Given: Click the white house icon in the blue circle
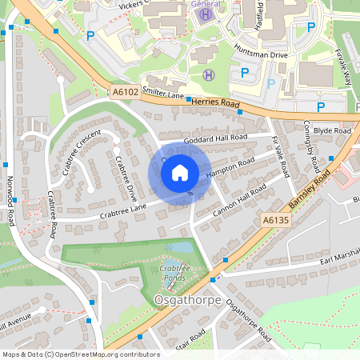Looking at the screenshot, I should click(x=180, y=172).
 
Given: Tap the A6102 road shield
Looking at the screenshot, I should click(x=124, y=93).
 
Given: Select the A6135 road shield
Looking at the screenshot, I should click(x=274, y=218).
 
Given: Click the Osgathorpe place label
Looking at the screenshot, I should click(x=180, y=300).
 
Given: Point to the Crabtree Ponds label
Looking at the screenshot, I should click(x=173, y=272).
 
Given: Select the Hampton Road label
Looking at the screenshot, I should click(x=231, y=168).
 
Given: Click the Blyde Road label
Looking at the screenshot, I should click(x=332, y=130).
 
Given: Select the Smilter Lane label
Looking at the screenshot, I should click(x=163, y=94).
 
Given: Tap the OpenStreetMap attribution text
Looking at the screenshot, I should click(x=80, y=354).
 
